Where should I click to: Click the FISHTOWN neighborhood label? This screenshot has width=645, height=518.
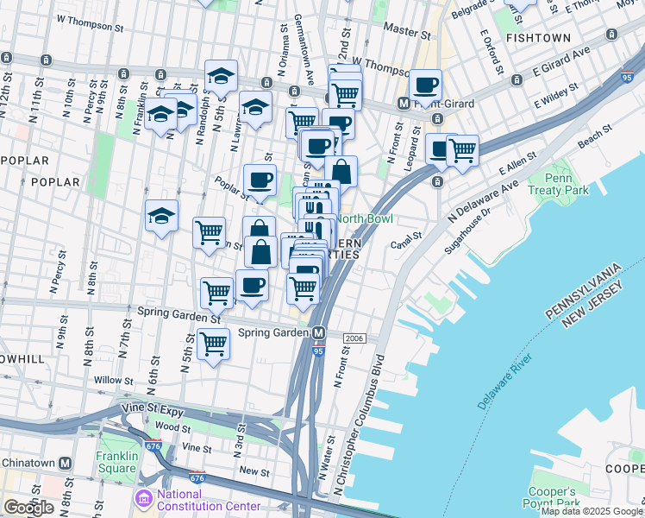[538, 38]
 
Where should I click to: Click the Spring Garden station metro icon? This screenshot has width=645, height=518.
[319, 333]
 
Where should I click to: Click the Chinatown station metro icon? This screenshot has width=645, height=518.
[66, 463]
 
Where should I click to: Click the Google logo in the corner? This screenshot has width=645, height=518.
[28, 508]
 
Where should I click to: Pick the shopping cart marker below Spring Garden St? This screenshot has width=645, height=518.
[213, 344]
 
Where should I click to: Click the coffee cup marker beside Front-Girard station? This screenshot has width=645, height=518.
[425, 85]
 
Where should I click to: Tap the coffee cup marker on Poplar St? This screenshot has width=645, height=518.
[260, 180]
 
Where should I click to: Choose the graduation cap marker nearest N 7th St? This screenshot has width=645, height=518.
[161, 216]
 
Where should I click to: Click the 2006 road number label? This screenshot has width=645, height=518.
[354, 338]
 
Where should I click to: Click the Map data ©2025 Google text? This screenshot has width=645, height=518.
[592, 511]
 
